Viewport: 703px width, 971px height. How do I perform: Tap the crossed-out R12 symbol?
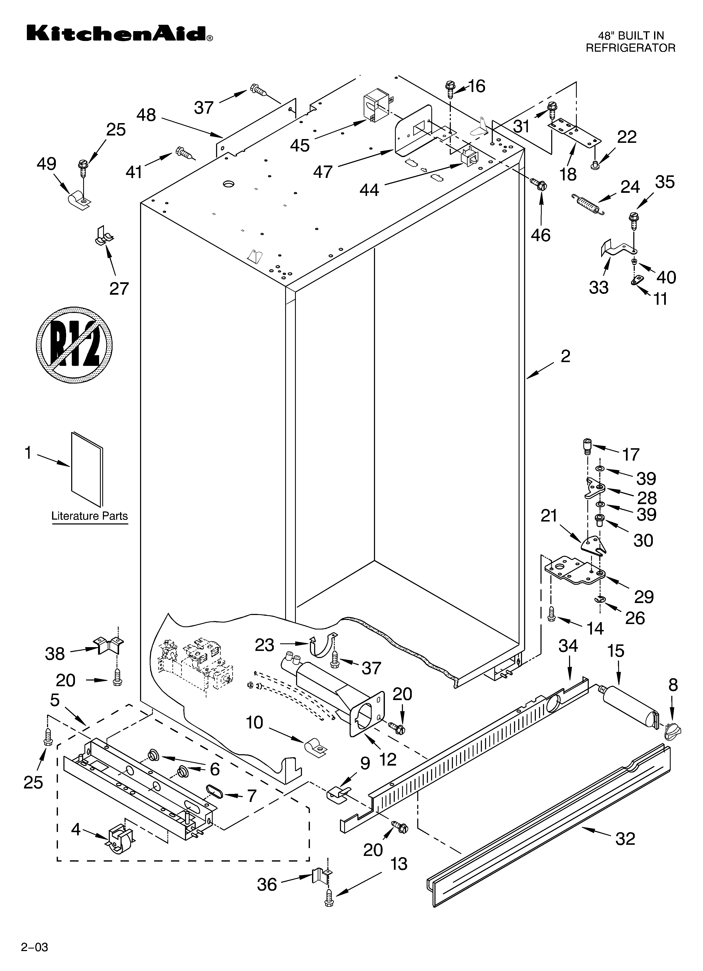pos(74,343)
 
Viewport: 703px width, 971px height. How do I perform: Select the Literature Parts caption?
pos(89,516)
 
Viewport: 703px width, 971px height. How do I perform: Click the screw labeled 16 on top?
pos(450,89)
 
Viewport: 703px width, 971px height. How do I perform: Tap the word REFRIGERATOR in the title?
pos(630,48)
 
